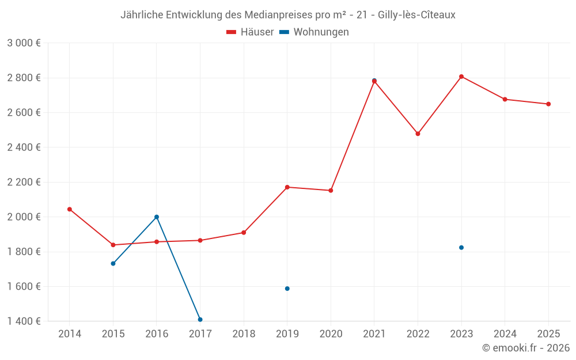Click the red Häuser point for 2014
click(70, 209)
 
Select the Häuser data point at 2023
click(461, 77)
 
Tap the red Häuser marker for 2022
click(418, 134)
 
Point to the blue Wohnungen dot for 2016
click(157, 217)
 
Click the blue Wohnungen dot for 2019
click(287, 289)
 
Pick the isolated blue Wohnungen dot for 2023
click(461, 248)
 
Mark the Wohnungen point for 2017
click(200, 319)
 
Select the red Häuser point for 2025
click(548, 104)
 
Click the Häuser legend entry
click(250, 32)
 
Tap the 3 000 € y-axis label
click(24, 43)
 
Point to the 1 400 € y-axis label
click(24, 321)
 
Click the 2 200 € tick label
click(24, 182)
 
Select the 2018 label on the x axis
click(244, 334)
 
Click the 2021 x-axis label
click(374, 334)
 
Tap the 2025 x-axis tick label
click(548, 334)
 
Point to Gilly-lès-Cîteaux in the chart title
click(416, 15)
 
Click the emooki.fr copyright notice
click(526, 348)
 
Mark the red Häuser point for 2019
click(287, 187)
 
